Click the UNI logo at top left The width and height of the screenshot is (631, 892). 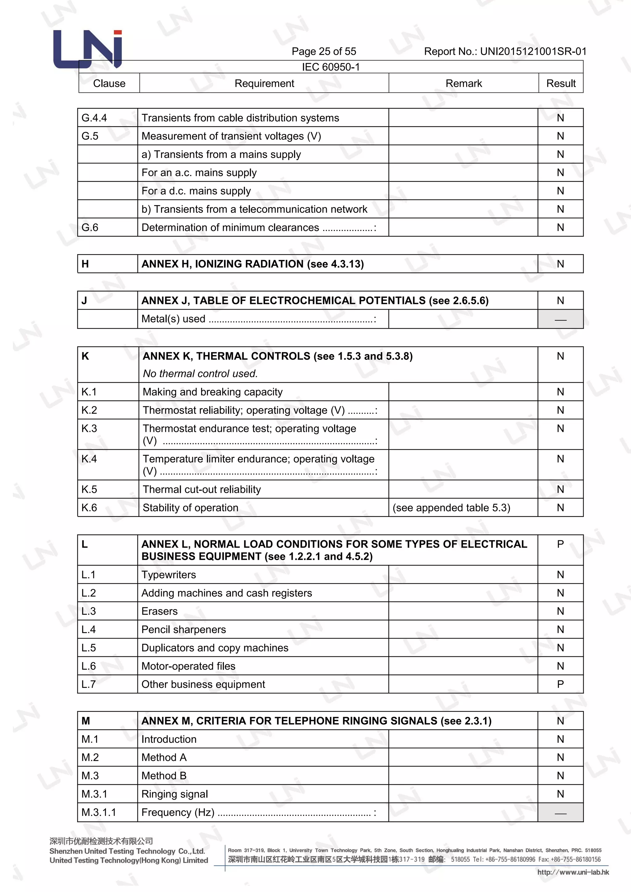(x=88, y=49)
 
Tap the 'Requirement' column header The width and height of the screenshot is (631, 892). (x=264, y=83)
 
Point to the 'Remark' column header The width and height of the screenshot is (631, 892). (x=463, y=83)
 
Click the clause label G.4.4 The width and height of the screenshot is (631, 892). (x=94, y=118)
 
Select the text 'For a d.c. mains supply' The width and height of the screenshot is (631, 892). (x=196, y=191)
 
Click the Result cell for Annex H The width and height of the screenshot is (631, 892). (x=560, y=264)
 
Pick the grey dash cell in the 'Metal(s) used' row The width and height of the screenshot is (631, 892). (x=560, y=319)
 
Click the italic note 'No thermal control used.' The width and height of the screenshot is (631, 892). (x=200, y=373)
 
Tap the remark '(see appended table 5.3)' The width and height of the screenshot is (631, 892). (x=451, y=508)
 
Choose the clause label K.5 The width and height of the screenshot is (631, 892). (x=89, y=489)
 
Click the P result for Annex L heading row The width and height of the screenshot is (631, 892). (x=560, y=544)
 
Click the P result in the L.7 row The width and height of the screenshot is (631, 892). (x=560, y=684)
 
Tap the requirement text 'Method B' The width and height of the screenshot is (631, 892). (x=164, y=776)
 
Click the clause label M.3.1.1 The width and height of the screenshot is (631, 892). (x=99, y=812)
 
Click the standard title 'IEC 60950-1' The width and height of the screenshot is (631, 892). (x=331, y=67)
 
